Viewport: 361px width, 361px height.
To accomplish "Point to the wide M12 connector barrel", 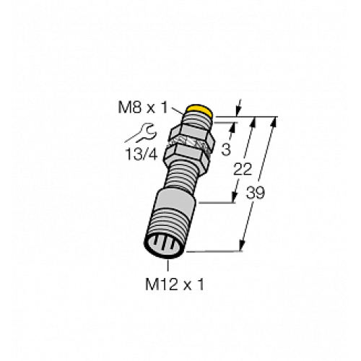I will tap(174, 217).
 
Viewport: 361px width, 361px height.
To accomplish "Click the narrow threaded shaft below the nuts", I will tap(184, 177).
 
